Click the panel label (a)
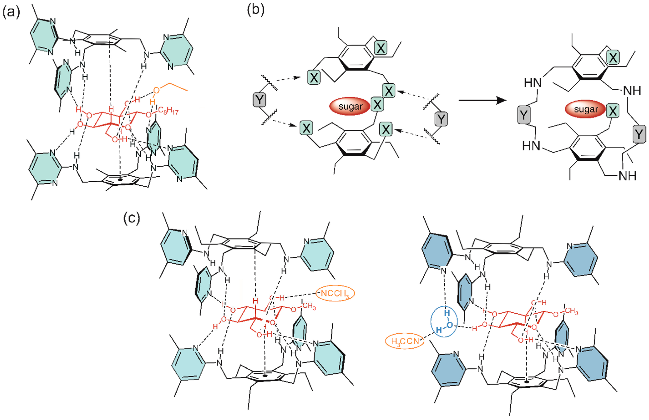(x=11, y=12)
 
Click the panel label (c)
(x=132, y=218)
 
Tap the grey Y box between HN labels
(x=524, y=115)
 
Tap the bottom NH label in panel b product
(x=627, y=176)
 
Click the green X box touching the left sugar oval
(x=377, y=104)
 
